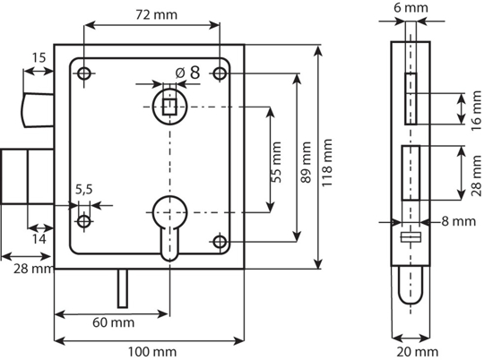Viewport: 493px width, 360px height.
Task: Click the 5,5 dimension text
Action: tap(83, 189)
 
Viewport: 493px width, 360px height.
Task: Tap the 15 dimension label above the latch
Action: tap(39, 58)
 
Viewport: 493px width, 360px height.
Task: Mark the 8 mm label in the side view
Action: tap(458, 220)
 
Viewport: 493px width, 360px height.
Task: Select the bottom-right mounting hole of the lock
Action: tap(219, 241)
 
